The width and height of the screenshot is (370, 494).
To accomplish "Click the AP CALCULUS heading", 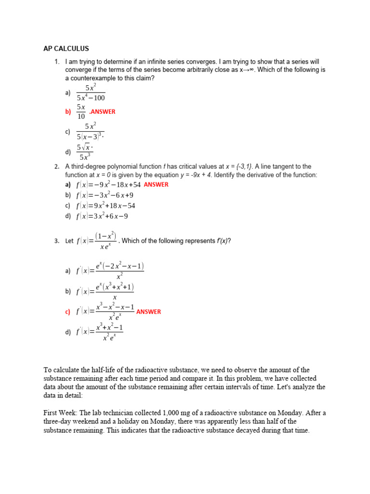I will (66, 49).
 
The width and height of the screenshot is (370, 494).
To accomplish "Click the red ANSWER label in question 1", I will (103, 111).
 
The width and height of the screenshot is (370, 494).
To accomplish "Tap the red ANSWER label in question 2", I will (156, 184).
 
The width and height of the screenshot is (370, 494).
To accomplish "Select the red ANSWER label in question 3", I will (148, 312).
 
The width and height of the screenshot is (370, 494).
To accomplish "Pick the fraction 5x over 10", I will (81, 111).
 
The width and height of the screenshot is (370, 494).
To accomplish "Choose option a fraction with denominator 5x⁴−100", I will (91, 93).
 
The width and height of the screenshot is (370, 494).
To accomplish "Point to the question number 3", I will (56, 241).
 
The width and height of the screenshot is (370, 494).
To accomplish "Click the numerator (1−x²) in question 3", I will (106, 235).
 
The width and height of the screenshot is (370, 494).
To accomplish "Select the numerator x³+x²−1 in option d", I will (109, 328).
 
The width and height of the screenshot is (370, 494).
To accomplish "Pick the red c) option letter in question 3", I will (67, 312).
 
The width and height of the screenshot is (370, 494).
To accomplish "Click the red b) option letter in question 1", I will (67, 111).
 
